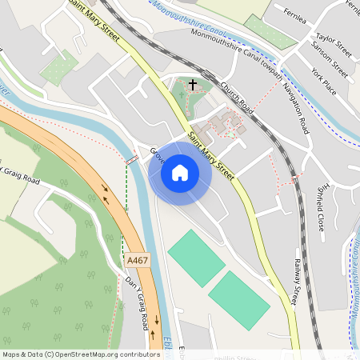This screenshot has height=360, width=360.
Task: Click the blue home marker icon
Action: pyautogui.click(x=180, y=172)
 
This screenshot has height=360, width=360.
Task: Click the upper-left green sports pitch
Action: pyautogui.click(x=196, y=258)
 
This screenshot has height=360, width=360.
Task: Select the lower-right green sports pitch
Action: pyautogui.click(x=239, y=300)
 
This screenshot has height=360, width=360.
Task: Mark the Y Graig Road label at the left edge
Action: pyautogui.click(x=19, y=177)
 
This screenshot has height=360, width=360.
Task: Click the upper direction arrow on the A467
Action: pyautogui.click(x=105, y=192)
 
